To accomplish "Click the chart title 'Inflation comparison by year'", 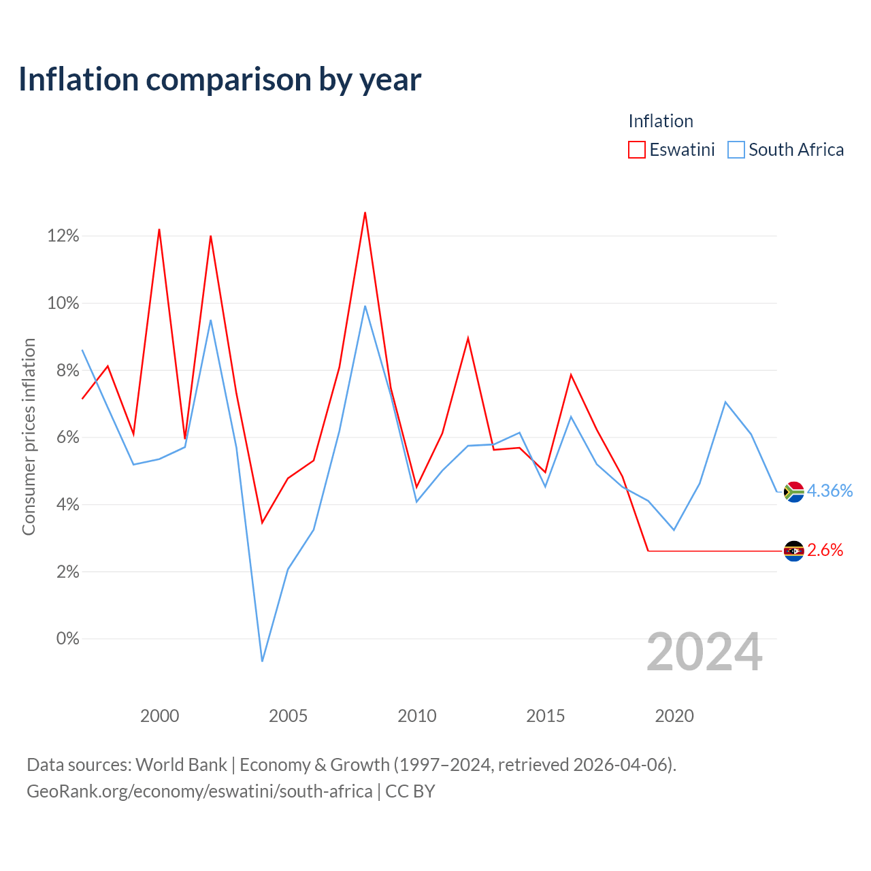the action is pyautogui.click(x=220, y=80).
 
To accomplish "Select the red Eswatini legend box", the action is pyautogui.click(x=636, y=150).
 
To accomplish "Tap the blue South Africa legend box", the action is pyautogui.click(x=736, y=150).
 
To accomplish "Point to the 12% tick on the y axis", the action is pyautogui.click(x=63, y=236).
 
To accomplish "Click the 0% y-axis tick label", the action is pyautogui.click(x=68, y=639).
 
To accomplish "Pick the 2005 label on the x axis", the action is pyautogui.click(x=288, y=716).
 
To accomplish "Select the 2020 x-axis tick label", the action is pyautogui.click(x=674, y=716).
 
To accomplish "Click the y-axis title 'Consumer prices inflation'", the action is pyautogui.click(x=29, y=437).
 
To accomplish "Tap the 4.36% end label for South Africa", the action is pyautogui.click(x=829, y=491).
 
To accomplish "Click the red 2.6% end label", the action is pyautogui.click(x=825, y=550).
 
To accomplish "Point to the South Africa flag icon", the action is pyautogui.click(x=793, y=492).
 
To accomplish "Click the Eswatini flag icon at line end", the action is pyautogui.click(x=793, y=551).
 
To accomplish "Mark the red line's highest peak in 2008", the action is pyautogui.click(x=365, y=212).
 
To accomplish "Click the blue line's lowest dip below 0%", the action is pyautogui.click(x=262, y=661).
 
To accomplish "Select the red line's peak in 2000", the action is pyautogui.click(x=159, y=229).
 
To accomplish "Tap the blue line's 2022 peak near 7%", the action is pyautogui.click(x=725, y=402).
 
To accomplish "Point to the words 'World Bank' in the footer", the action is pyautogui.click(x=181, y=766).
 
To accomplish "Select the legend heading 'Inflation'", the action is pyautogui.click(x=660, y=121).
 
